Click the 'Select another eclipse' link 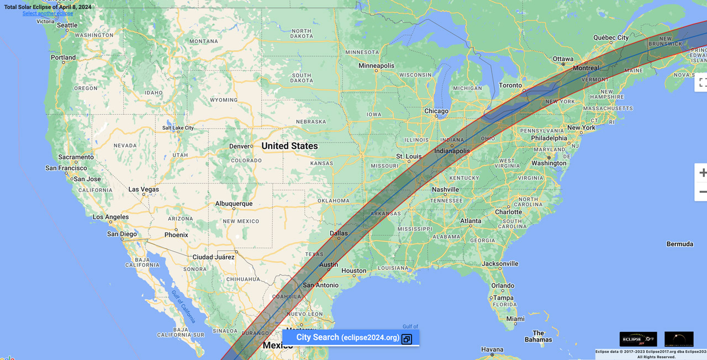(x=48, y=13)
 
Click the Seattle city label (x=67, y=25)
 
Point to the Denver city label (x=240, y=146)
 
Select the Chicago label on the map (x=436, y=111)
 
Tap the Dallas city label (x=339, y=234)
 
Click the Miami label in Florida (x=515, y=319)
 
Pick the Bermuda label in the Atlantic (x=679, y=244)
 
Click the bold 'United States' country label (x=289, y=146)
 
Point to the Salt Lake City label (x=178, y=128)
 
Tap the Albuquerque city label (x=234, y=204)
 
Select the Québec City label (x=611, y=38)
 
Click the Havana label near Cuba (x=492, y=350)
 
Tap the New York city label (x=581, y=128)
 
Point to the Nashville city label (x=445, y=189)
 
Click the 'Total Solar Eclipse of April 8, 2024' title (x=48, y=7)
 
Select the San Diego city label (x=122, y=234)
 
